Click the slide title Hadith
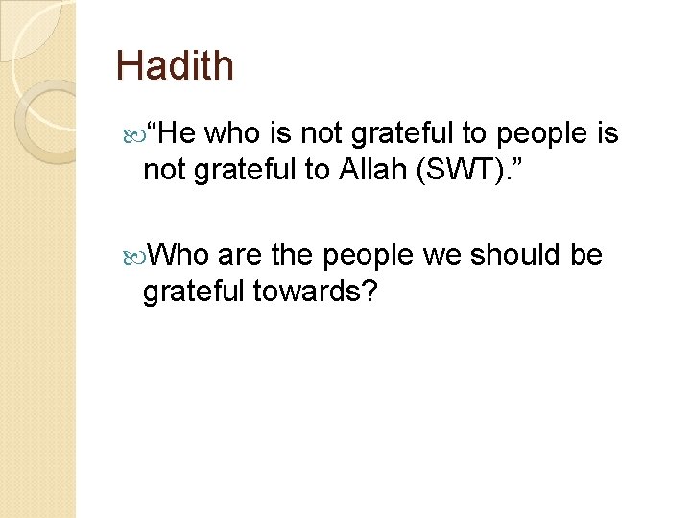pos(175,66)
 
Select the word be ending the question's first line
pos(586,255)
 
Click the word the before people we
pos(294,255)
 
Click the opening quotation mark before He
pos(151,131)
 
